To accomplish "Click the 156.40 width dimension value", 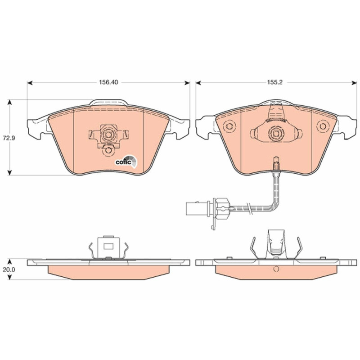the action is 108,82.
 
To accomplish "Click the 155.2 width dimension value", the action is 274,82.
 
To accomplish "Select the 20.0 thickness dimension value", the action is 9,270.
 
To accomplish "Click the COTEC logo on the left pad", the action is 126,161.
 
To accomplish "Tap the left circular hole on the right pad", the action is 229,126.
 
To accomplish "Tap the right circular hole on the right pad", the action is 323,126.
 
